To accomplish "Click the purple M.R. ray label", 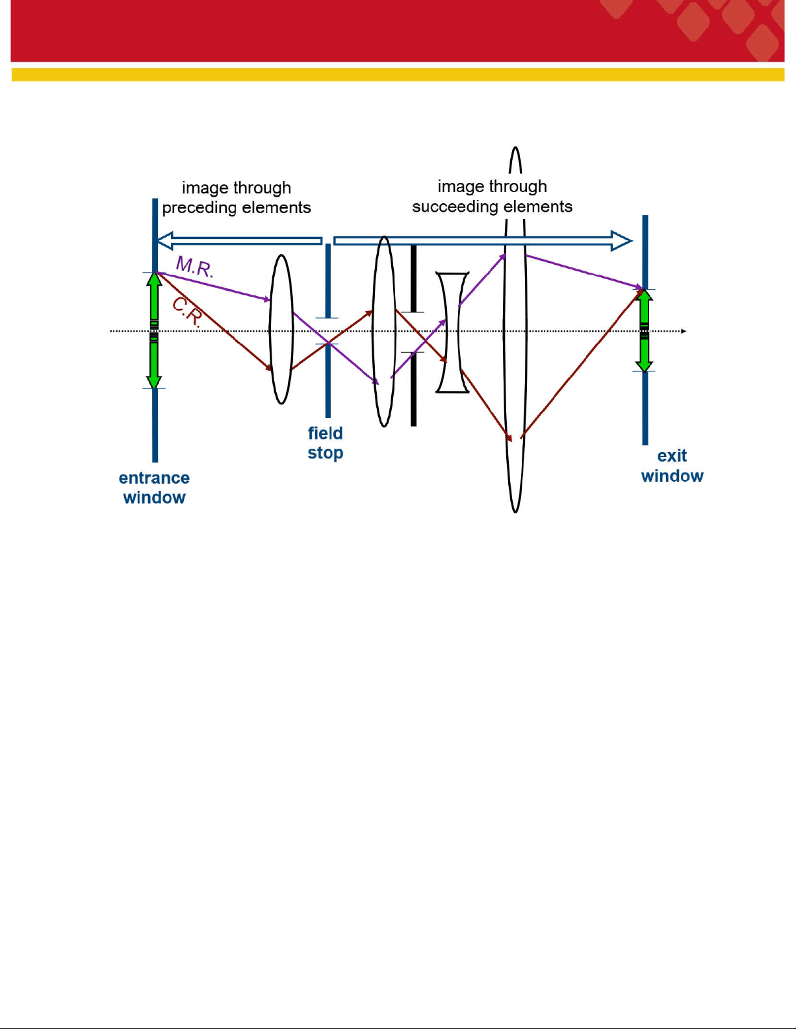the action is coord(195,267).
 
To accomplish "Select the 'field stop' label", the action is coord(326,443).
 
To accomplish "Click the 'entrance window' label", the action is coord(154,488).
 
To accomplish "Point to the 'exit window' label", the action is coord(672,465).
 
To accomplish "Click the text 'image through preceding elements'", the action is coord(237,197).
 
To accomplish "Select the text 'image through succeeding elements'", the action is coord(493,196).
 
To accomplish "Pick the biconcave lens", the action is coord(452,332).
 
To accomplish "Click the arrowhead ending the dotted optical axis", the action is coord(683,331).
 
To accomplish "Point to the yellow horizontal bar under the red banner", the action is coord(398,75).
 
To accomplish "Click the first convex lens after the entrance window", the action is coord(281,329).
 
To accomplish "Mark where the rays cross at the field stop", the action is coord(328,343).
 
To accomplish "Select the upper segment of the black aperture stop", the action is coord(414,279).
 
